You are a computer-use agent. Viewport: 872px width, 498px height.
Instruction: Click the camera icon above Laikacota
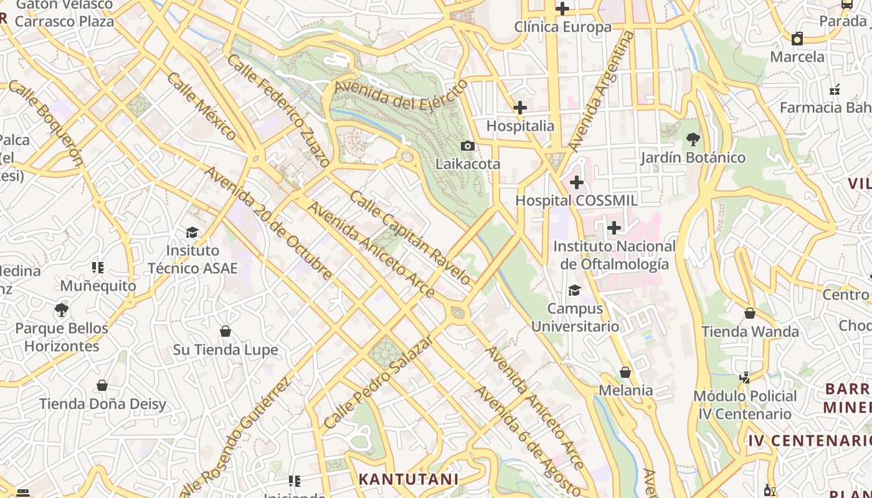(x=467, y=146)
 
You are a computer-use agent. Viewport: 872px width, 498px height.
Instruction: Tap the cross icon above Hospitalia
(x=520, y=108)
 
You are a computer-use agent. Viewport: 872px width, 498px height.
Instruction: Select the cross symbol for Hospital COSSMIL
(x=577, y=182)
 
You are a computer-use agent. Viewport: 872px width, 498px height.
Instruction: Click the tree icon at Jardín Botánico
(x=693, y=139)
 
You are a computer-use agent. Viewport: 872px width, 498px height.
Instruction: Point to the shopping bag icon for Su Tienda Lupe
(x=225, y=331)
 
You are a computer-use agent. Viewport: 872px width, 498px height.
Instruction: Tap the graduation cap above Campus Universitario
(x=574, y=290)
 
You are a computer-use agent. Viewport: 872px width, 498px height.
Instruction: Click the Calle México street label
(x=202, y=106)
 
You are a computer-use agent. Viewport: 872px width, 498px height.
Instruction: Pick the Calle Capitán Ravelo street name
(x=410, y=238)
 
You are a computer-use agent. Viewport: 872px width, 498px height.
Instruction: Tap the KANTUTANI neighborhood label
(x=409, y=479)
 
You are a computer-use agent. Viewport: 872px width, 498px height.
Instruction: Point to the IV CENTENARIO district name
(x=810, y=441)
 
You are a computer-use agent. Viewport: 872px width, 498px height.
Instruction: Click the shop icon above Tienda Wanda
(x=750, y=312)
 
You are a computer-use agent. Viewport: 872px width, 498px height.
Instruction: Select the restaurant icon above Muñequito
(x=98, y=268)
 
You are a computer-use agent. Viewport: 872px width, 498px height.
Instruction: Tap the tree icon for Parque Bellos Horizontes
(x=61, y=309)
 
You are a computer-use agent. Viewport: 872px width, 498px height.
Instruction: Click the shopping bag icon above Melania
(x=625, y=372)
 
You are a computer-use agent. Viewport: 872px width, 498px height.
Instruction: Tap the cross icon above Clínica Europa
(x=562, y=9)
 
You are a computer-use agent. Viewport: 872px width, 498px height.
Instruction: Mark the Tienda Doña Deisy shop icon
(x=102, y=385)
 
